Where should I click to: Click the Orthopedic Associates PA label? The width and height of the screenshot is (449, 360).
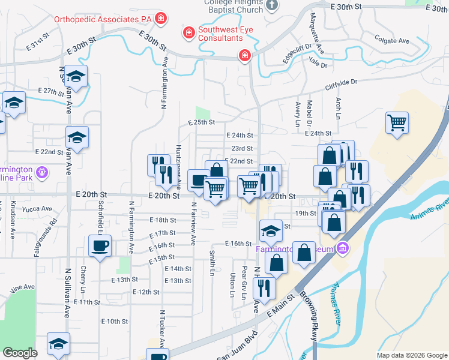pos(103,19)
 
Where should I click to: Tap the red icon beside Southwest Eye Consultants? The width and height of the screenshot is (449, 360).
pos(188,31)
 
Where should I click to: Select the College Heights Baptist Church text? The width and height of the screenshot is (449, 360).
pos(234,6)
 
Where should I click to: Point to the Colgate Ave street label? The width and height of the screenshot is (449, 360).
pos(391,41)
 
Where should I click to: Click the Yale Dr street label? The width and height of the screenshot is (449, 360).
pos(319,65)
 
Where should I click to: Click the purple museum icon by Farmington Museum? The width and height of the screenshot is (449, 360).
pos(342,247)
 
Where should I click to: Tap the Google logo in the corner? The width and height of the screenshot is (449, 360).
pos(20,353)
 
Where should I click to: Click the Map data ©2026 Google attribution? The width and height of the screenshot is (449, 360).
pos(412,355)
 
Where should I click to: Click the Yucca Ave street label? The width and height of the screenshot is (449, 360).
pos(37,209)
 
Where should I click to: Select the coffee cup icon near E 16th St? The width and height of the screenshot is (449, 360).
pos(100,245)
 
